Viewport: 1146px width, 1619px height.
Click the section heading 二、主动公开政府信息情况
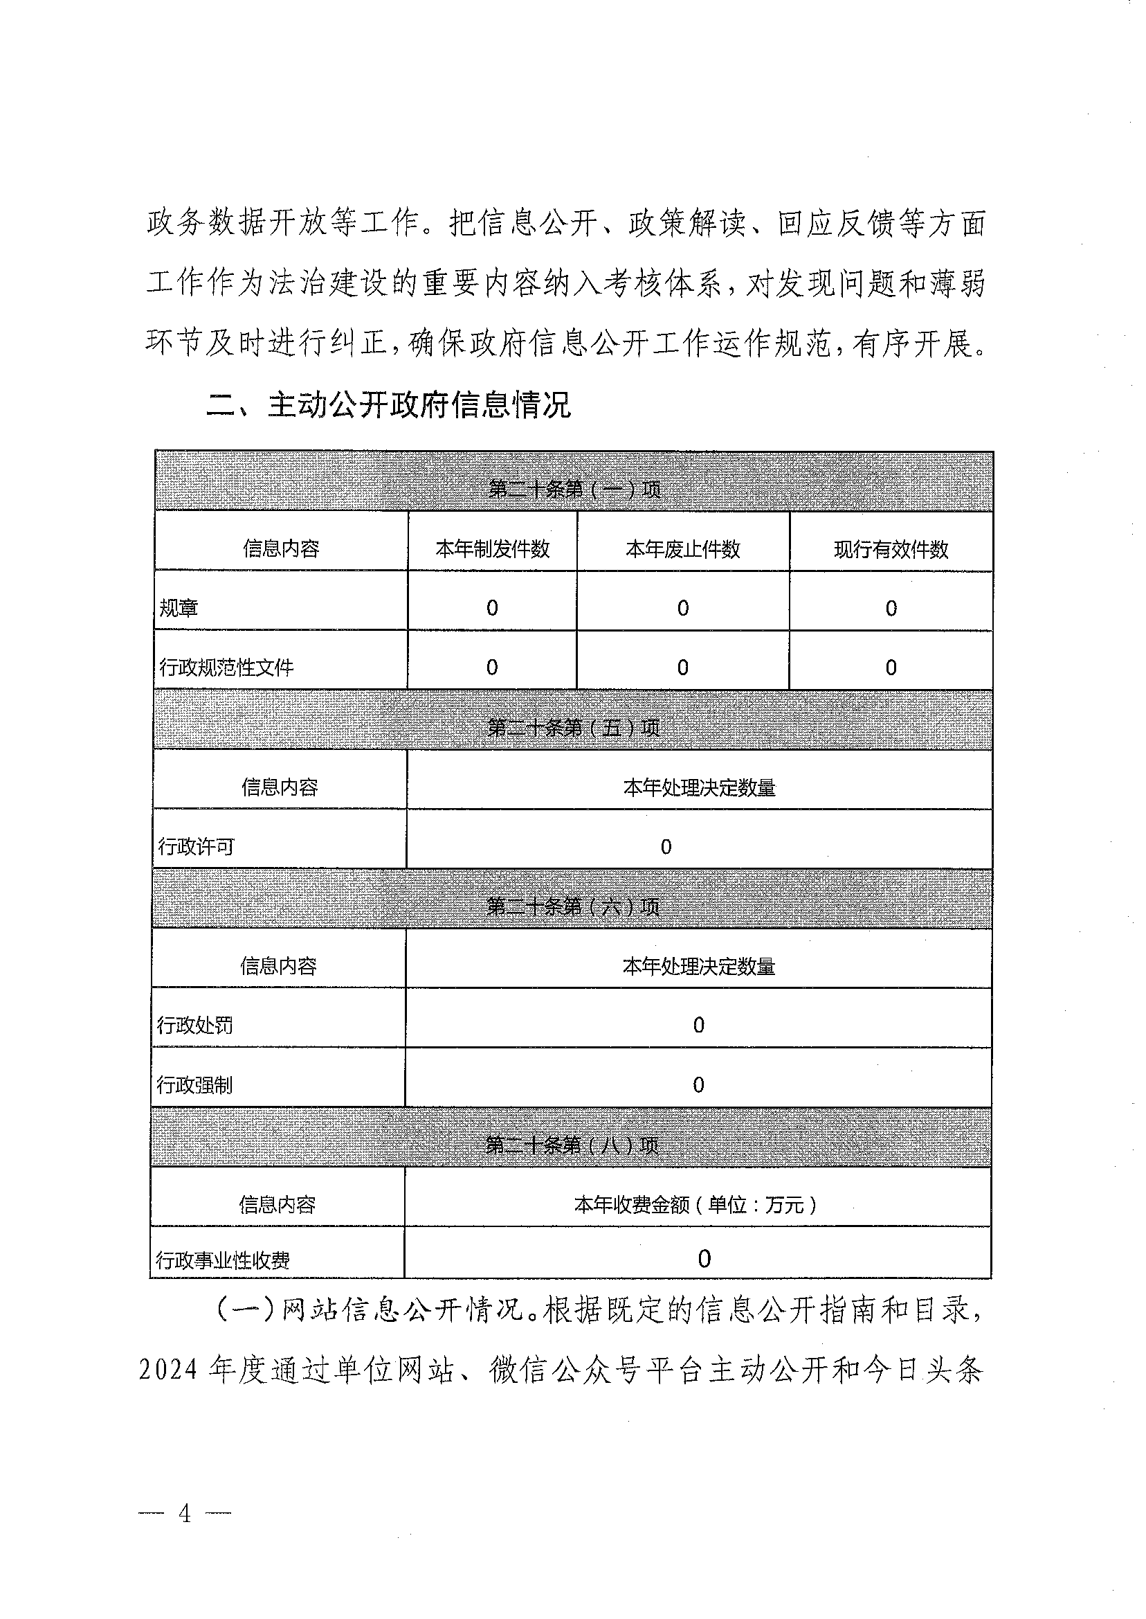click(388, 405)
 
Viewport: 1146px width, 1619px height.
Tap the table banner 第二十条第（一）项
click(574, 489)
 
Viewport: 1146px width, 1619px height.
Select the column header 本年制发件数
click(493, 548)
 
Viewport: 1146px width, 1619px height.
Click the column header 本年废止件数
click(682, 548)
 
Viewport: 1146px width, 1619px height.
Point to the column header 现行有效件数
click(891, 548)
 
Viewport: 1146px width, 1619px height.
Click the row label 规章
click(179, 608)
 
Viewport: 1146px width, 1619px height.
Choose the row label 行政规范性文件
click(226, 668)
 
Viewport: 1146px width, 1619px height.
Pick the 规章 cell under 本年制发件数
click(492, 608)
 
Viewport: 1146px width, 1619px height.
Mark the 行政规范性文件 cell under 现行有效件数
click(891, 668)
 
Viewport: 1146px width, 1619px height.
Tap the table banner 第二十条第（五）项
click(573, 727)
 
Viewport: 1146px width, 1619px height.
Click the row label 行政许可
click(196, 847)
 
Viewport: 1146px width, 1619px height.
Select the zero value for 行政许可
click(666, 847)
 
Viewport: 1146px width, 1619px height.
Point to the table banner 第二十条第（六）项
click(572, 906)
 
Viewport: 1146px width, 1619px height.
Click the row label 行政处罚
click(194, 1025)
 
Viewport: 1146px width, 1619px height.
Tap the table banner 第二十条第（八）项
click(572, 1145)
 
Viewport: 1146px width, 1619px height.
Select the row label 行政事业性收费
click(222, 1260)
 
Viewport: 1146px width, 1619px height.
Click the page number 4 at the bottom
click(185, 1514)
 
